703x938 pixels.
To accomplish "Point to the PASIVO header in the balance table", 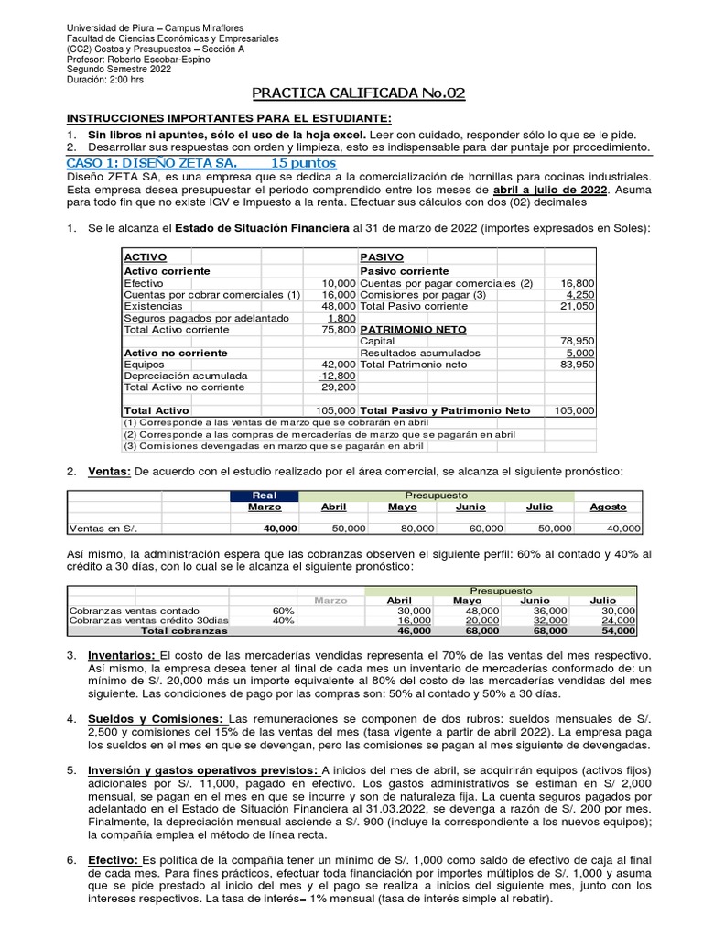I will coord(382,258).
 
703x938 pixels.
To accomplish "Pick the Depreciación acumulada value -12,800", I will coord(335,376).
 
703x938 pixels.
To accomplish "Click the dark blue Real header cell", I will coord(264,495).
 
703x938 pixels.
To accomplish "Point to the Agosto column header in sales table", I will coord(608,507).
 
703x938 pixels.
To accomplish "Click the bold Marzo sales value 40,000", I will coord(280,529).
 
